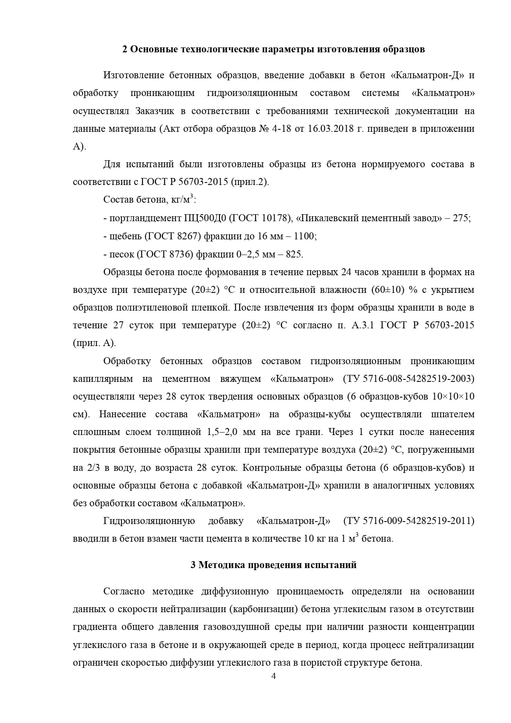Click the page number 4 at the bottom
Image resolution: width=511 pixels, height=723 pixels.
pos(273,688)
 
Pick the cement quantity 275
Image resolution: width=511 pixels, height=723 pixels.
pos(461,218)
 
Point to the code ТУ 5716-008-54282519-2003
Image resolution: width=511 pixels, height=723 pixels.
pos(408,379)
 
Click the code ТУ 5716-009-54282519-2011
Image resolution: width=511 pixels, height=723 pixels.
pos(408,521)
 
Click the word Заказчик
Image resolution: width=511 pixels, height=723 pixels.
pos(154,111)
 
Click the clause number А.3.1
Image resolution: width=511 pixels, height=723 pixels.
pos(363,325)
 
